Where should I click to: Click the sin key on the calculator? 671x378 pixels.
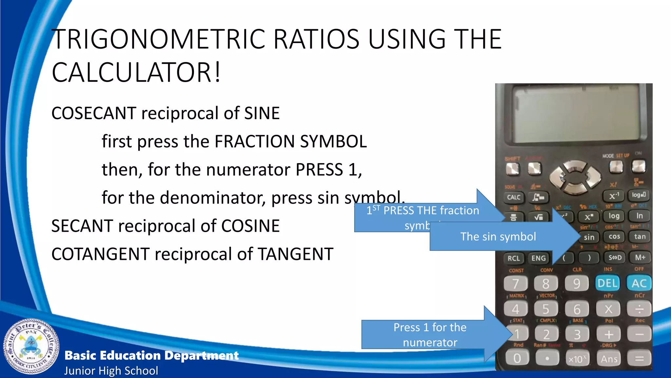[x=589, y=237]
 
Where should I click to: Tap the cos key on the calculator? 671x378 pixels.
[x=614, y=237]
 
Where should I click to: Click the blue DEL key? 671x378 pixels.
[x=607, y=283]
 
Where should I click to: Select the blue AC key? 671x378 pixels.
[x=639, y=283]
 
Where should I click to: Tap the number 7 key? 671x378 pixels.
[x=515, y=283]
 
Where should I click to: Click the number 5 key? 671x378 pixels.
[x=546, y=309]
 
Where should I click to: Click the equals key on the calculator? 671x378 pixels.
[x=639, y=359]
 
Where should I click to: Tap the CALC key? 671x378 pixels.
[x=513, y=197]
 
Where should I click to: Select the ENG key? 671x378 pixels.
[x=538, y=258]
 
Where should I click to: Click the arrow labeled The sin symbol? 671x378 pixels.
[x=498, y=237]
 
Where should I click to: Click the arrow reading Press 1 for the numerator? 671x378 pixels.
[x=430, y=335]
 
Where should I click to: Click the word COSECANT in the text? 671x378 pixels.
[x=94, y=113]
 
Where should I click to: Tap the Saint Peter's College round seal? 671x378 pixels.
[x=31, y=346]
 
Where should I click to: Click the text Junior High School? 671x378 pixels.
[x=111, y=371]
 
